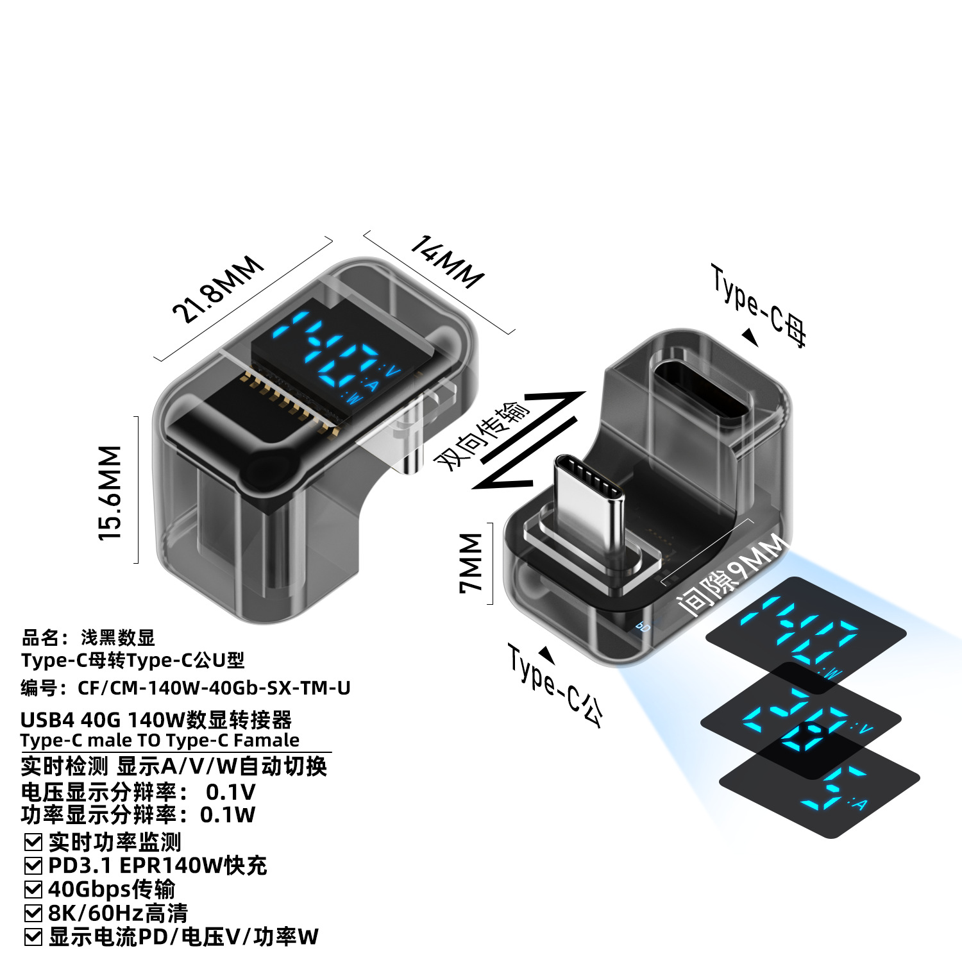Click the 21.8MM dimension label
218,289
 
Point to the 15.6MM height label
110,493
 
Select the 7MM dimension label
471,562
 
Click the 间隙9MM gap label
732,575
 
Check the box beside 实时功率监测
33,842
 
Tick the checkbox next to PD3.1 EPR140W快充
33,866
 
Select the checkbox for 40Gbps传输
33,890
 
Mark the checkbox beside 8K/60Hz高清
33,913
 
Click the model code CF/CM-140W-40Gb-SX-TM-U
214,688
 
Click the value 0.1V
230,793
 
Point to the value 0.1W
228,815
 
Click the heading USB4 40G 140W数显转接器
156,720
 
